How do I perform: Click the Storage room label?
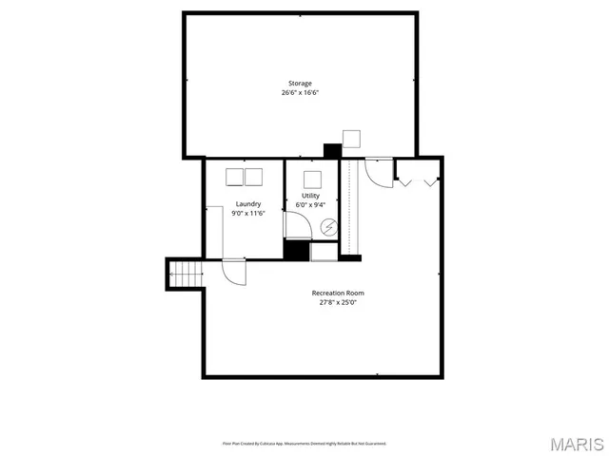300,84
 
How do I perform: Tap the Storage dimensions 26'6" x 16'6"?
300,93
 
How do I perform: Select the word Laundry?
248,204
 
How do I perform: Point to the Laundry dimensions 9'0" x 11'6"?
248,214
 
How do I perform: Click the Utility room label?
310,195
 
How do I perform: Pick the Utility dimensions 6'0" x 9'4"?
310,204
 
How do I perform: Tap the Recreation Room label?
338,293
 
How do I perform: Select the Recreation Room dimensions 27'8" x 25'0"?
338,302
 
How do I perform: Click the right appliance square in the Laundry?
254,176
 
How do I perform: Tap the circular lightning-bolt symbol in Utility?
328,227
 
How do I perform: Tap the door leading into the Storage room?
378,170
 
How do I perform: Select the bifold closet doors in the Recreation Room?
418,177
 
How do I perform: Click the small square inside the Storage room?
351,138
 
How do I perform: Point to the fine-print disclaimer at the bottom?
304,443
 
